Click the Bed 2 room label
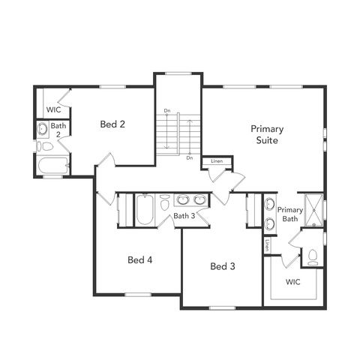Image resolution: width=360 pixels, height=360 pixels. (x=112, y=124)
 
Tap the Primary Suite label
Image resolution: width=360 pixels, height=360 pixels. (x=267, y=134)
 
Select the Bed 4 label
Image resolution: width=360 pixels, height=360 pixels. (x=140, y=260)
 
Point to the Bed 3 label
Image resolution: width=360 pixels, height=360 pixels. (x=223, y=266)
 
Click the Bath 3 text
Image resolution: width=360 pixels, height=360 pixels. (x=184, y=217)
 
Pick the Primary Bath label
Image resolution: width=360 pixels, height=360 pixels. (x=289, y=214)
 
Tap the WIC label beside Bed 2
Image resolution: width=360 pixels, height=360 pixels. (x=53, y=109)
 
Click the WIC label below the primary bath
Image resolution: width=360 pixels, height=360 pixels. (x=293, y=282)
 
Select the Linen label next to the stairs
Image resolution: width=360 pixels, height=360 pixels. (x=217, y=161)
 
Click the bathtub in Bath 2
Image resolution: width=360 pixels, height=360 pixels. (x=52, y=166)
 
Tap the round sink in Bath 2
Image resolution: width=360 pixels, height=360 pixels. (x=43, y=130)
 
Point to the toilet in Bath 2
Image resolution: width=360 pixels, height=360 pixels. (x=42, y=146)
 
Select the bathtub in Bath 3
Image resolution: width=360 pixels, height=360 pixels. (x=144, y=211)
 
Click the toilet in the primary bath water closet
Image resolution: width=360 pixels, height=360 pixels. (x=313, y=257)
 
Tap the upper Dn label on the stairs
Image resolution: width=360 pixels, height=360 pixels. (x=168, y=112)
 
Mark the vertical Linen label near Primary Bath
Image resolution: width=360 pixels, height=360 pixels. (x=266, y=244)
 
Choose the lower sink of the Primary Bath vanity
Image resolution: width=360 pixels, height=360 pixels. (x=269, y=222)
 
